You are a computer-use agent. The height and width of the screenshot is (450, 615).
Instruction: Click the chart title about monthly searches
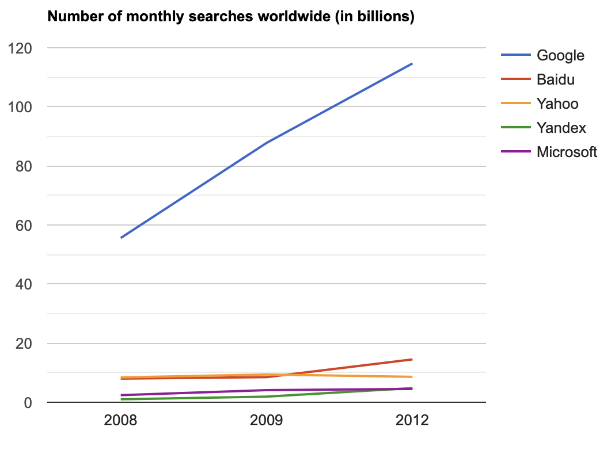[231, 17]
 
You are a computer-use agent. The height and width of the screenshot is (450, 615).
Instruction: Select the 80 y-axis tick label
[23, 166]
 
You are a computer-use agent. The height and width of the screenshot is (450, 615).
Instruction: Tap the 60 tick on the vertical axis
[23, 226]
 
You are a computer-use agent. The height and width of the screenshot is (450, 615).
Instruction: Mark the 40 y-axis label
[23, 284]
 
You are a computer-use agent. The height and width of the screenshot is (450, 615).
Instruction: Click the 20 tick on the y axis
[23, 344]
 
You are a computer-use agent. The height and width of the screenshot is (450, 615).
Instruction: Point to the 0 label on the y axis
[26, 403]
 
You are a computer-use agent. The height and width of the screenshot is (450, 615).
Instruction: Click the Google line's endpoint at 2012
[412, 63]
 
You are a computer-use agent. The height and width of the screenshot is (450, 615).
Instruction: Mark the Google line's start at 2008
[121, 238]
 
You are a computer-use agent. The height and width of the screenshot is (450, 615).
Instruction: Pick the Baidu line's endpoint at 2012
[412, 359]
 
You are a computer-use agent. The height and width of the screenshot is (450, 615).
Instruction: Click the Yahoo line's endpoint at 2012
[412, 377]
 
